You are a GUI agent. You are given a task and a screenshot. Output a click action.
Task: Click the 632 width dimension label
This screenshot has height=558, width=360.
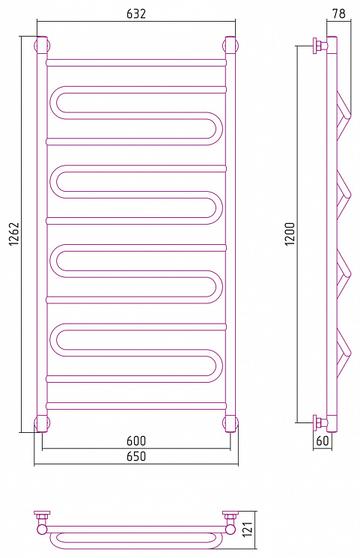tap(136, 13)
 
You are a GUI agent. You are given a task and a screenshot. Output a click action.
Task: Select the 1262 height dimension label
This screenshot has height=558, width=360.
tap(13, 234)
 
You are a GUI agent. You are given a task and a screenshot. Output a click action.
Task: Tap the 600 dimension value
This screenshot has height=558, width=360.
tap(136, 441)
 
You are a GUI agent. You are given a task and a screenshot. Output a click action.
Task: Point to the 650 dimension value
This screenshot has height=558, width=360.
tap(136, 456)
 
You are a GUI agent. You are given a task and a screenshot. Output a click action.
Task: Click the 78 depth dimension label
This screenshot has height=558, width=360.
tap(338, 13)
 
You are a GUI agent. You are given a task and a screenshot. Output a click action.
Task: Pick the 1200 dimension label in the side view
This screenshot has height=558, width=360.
tap(290, 234)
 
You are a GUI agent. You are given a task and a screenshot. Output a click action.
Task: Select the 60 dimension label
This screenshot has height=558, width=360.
tap(323, 440)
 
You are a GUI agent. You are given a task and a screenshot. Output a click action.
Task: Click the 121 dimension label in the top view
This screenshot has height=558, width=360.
tap(248, 530)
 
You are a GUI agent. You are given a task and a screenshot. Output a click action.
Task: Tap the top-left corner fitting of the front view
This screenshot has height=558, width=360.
tap(42, 46)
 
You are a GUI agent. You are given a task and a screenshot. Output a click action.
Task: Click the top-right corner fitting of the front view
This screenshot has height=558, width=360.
tap(231, 46)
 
